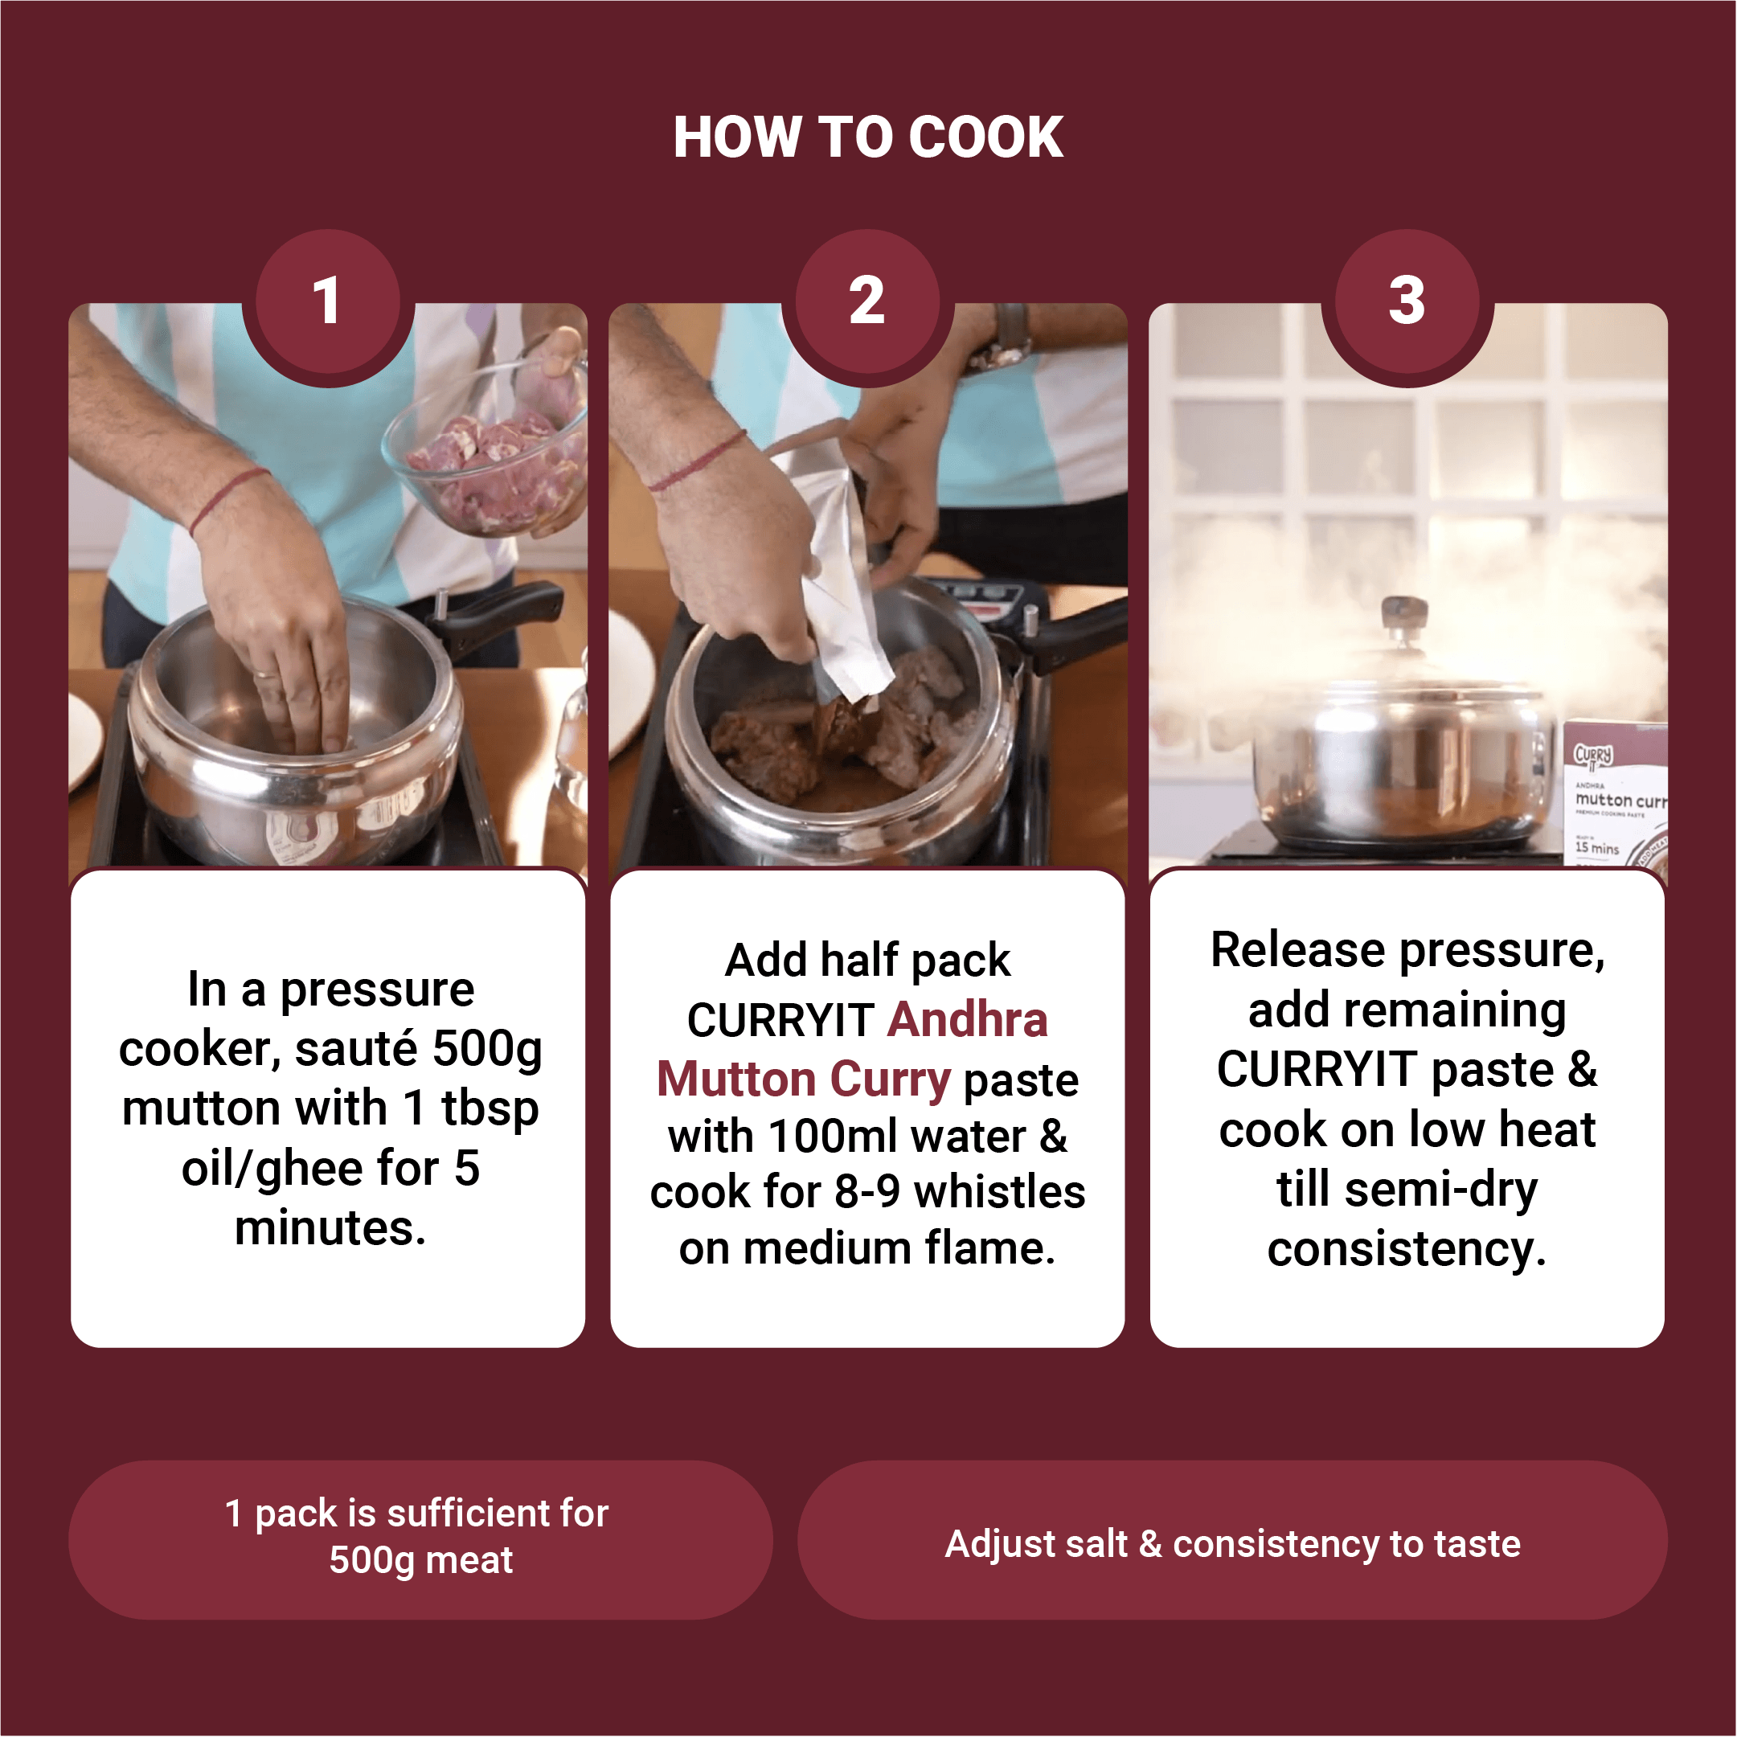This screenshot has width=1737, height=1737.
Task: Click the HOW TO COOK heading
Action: [868, 137]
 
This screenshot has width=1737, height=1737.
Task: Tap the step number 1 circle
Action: [328, 301]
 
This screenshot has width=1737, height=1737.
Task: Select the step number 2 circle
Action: [867, 301]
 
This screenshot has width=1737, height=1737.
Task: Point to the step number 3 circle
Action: [1407, 301]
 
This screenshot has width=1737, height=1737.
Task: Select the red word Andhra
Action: [968, 1019]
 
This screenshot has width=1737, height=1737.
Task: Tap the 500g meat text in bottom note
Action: [420, 1560]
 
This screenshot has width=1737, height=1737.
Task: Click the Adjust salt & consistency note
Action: [1233, 1544]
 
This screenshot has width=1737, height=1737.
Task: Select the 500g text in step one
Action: [487, 1049]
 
